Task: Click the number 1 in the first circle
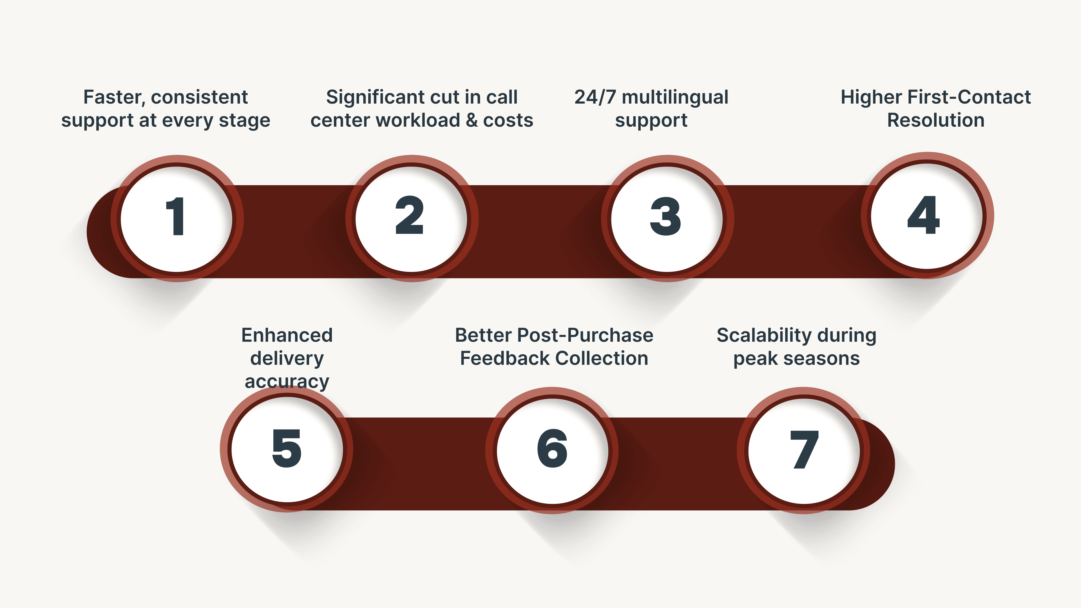click(176, 216)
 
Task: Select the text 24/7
click(595, 97)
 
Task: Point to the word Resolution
click(935, 120)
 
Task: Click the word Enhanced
click(287, 335)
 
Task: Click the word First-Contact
click(969, 97)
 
